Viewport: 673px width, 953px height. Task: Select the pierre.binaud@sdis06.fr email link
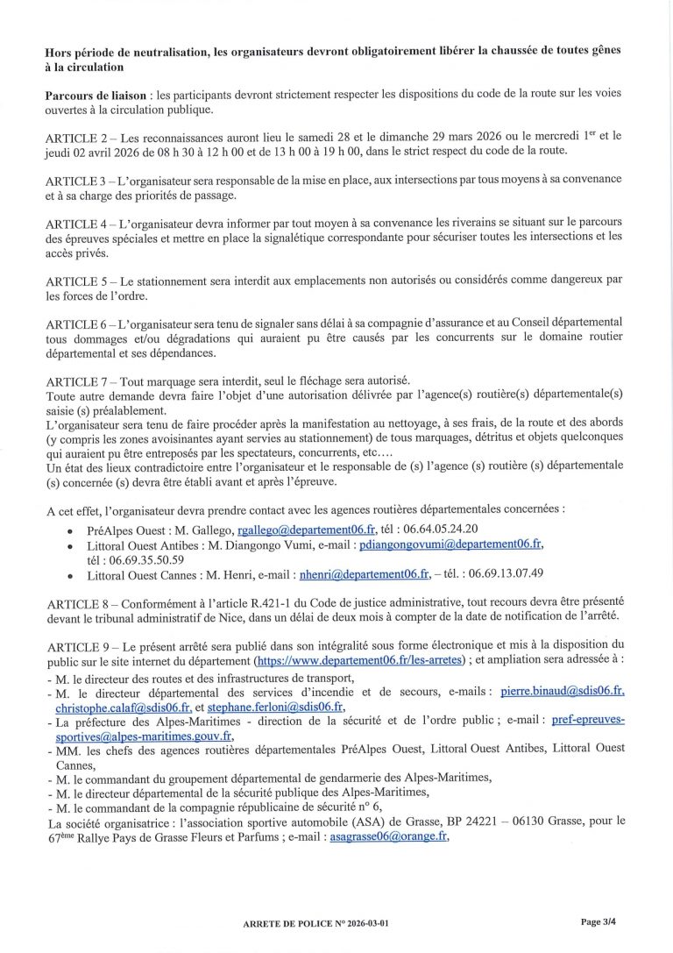pos(561,693)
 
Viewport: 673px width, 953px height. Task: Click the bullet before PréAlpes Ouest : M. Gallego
pos(70,530)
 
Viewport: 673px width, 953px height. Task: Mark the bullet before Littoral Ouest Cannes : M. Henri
pos(70,575)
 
